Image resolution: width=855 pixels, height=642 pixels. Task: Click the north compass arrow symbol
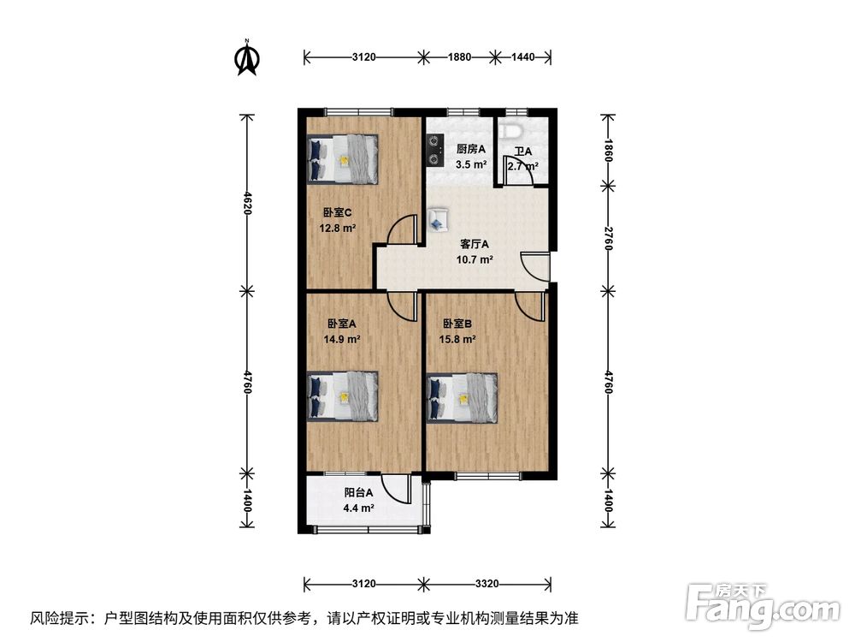tap(247, 58)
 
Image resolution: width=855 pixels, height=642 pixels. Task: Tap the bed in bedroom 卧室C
tap(342, 158)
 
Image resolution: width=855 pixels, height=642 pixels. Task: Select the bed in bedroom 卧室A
tap(342, 396)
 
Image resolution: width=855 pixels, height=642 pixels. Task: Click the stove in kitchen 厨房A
tap(434, 151)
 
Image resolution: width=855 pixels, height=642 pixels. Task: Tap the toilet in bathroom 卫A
tap(512, 133)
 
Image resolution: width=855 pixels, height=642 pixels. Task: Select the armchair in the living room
tap(438, 219)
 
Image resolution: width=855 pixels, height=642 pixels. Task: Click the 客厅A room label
tap(475, 243)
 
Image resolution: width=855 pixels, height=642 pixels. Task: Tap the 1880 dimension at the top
tap(460, 57)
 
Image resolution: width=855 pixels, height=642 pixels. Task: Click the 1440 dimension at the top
tap(522, 57)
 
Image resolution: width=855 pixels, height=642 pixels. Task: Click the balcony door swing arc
tap(396, 490)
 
